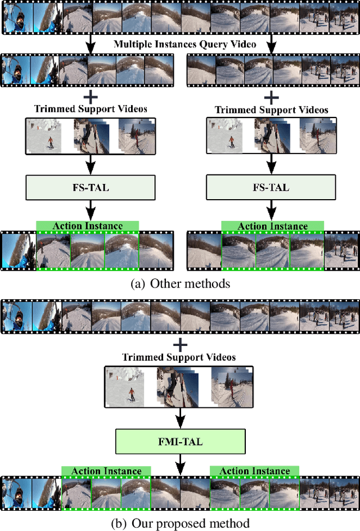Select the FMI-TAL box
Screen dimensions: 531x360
pos(180,442)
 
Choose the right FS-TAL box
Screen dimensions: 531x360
pos(272,187)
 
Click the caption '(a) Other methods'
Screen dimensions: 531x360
pos(180,283)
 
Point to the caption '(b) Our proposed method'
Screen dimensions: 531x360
pos(180,523)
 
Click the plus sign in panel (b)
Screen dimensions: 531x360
pos(180,344)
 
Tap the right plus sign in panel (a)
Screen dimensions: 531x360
pos(272,97)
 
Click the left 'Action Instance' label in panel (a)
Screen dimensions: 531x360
pos(87,226)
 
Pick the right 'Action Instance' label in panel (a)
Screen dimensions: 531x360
pos(273,226)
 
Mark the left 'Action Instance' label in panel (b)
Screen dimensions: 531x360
pos(106,471)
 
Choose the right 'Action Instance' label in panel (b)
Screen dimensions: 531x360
pos(254,471)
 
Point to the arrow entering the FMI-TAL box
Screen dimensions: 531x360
pos(180,418)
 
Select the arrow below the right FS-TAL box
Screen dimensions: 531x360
pos(272,210)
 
